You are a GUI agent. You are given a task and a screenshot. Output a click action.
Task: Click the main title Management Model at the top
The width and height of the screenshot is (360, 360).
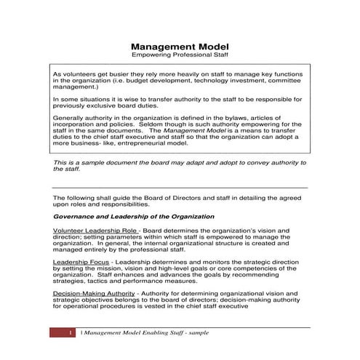pos(180,45)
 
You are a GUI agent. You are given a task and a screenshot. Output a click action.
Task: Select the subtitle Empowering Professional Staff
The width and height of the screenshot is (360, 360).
pos(180,55)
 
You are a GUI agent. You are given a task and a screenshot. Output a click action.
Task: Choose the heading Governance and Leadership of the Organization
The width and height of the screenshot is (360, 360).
pos(134,217)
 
